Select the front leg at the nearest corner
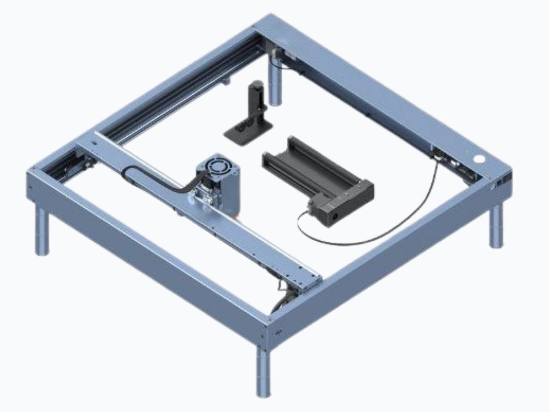point(264,371)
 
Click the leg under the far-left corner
point(42,231)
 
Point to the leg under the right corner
point(496,224)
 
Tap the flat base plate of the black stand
point(242,133)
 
